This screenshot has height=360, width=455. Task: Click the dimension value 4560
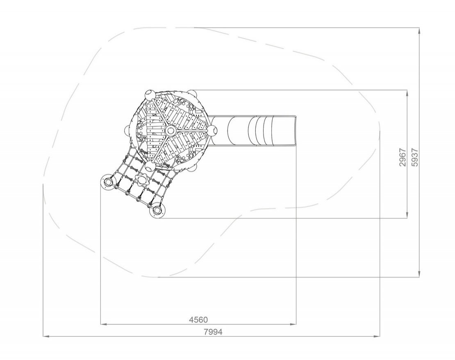point(198,320)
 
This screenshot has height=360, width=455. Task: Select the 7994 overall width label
point(213,332)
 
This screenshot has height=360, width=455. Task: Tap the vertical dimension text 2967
point(402,157)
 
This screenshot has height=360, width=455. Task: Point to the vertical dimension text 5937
point(415,157)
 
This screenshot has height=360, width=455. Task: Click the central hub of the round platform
point(171,130)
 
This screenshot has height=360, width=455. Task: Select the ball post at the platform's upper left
point(150,95)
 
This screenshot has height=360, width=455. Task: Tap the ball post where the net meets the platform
point(150,166)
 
